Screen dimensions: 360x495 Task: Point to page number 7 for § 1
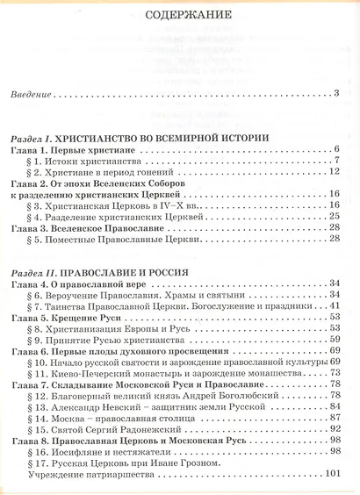[336, 163]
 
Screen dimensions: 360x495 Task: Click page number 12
[335, 176]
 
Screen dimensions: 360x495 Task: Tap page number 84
[335, 405]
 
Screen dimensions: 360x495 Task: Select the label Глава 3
[30, 227]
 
